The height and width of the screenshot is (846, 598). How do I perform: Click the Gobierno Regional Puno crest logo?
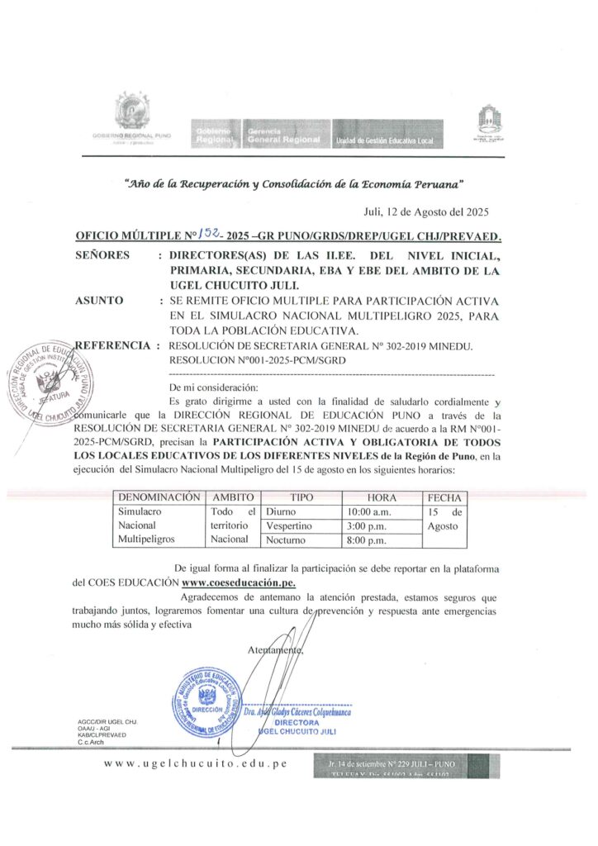(x=131, y=112)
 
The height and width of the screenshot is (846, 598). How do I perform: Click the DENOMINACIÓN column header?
(x=159, y=498)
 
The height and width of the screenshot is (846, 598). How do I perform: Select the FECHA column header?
(x=444, y=498)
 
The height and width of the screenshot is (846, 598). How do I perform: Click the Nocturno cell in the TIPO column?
(x=286, y=540)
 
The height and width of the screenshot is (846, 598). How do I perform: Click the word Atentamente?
(x=276, y=651)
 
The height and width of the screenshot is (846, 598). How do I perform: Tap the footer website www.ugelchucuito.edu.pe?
(x=195, y=763)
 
